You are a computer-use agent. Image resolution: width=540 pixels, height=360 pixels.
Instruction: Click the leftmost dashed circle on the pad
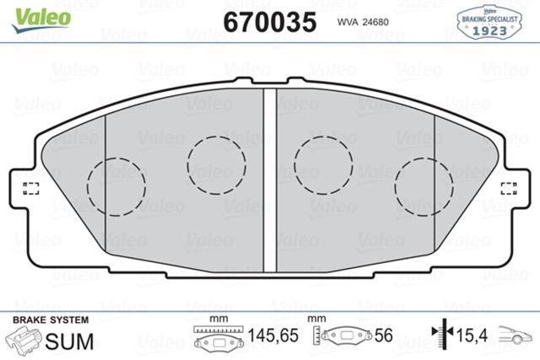117,185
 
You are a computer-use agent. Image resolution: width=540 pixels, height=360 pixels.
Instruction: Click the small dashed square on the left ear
30,187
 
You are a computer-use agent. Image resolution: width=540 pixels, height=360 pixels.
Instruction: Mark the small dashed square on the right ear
509,187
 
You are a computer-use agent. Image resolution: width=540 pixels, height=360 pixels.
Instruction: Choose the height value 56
385,336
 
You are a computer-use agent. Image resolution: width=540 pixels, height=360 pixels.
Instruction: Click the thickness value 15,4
472,336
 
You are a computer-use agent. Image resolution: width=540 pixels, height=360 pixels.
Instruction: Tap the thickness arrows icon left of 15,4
439,336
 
